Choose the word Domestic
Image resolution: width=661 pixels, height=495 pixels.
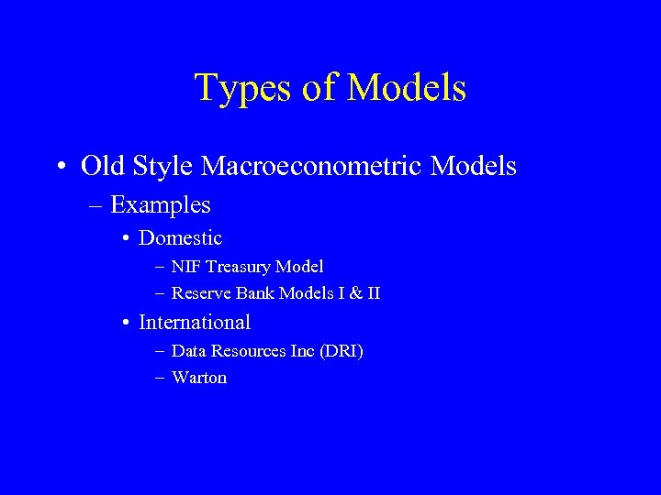[180, 238]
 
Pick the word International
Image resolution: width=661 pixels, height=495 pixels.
[194, 323]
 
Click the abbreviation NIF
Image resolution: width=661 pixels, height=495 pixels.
[186, 267]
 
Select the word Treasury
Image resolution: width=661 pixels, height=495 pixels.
[241, 267]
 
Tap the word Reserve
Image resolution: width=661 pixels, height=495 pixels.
[198, 294]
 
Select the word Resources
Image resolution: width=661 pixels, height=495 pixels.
[245, 351]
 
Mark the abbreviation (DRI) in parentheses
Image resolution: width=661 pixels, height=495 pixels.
[341, 351]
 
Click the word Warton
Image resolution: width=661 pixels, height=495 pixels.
[199, 378]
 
